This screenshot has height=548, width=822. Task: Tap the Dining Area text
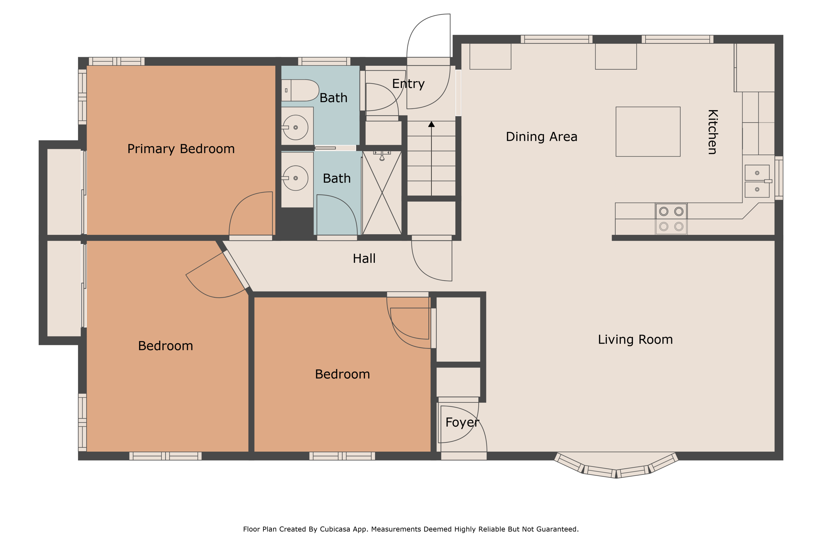[x=541, y=137]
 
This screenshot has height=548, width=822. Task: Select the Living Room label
[x=635, y=339]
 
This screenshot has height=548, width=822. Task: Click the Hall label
[x=364, y=259]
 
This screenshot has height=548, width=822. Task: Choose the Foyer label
[x=462, y=423]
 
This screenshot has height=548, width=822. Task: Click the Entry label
[x=408, y=84]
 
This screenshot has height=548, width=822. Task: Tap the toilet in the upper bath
[x=300, y=90]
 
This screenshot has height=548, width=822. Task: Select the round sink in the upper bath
[x=295, y=128]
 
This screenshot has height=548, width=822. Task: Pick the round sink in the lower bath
[x=295, y=178]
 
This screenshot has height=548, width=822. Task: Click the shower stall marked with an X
[x=382, y=193]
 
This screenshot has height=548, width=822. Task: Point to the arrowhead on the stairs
[x=431, y=124]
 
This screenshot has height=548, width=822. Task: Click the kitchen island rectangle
[x=648, y=132]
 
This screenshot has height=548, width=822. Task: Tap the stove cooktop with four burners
[x=671, y=219]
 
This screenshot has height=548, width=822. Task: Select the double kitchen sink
[x=757, y=181]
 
